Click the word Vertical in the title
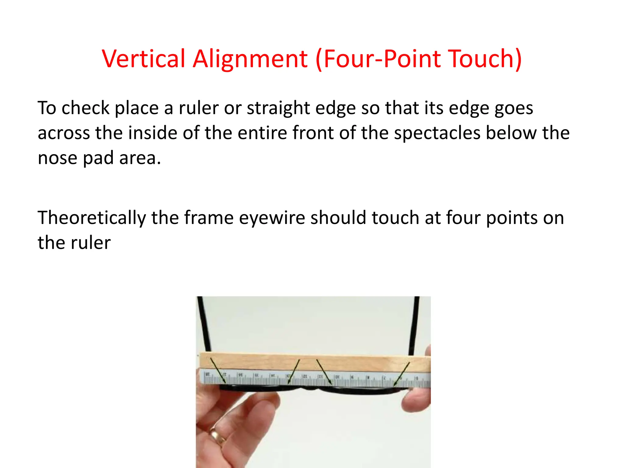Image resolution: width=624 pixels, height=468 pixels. pyautogui.click(x=144, y=58)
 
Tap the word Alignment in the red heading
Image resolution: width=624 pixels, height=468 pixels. pyautogui.click(x=250, y=58)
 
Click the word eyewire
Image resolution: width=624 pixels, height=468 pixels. pyautogui.click(x=272, y=218)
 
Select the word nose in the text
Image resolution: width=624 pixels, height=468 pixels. pyautogui.click(x=58, y=158)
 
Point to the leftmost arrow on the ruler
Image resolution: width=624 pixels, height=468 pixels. pyautogui.click(x=218, y=370)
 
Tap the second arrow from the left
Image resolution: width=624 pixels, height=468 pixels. pyautogui.click(x=294, y=371)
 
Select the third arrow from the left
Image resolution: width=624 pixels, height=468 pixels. pyautogui.click(x=324, y=371)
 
